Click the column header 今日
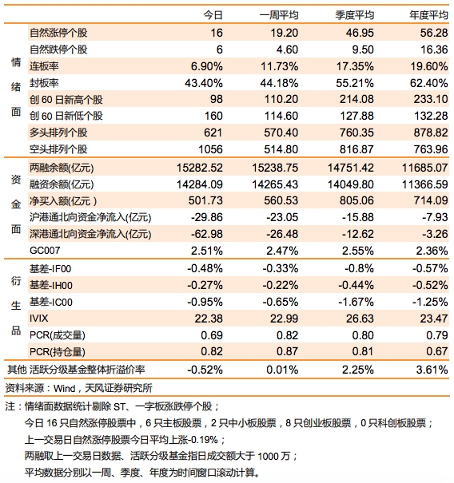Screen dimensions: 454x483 click(213, 15)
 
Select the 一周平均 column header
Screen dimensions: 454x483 click(279, 15)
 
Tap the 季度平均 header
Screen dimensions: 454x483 click(355, 15)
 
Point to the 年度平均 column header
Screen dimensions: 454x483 click(428, 15)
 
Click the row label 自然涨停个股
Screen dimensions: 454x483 click(58, 33)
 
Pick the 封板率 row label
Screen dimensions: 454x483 click(44, 83)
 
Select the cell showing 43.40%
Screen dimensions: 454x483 click(204, 83)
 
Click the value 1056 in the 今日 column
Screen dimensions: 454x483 click(210, 149)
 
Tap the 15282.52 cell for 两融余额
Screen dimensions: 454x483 click(200, 168)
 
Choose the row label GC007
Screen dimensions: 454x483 click(45, 251)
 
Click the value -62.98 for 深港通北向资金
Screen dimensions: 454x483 click(207, 234)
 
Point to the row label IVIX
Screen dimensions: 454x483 click(39, 318)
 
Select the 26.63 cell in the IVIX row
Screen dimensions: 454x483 click(360, 319)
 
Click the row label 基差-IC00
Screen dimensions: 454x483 click(51, 302)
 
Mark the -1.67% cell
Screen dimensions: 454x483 click(356, 302)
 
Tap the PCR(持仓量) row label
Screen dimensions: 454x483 click(58, 351)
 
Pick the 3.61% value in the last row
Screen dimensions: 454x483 click(432, 370)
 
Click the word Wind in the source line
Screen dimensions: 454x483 click(65, 389)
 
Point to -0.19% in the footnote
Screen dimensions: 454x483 click(203, 440)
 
